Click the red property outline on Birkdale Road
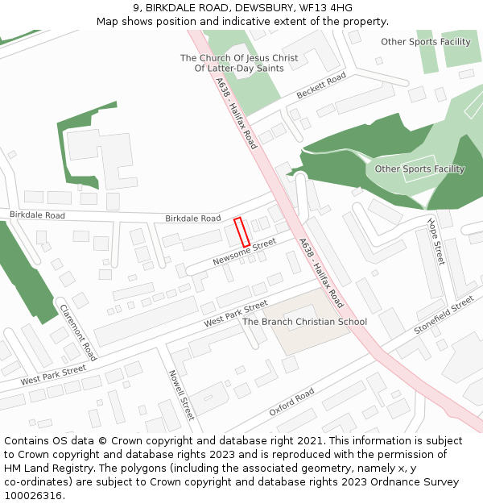pos(241,232)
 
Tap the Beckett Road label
pos(320,86)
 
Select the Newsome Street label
pos(244,252)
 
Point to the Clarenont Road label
pos(78,331)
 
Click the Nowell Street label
pos(180,395)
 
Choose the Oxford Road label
pos(291,402)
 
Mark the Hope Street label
pos(436,241)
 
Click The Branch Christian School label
pos(304,322)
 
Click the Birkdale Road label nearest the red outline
pos(192,219)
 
